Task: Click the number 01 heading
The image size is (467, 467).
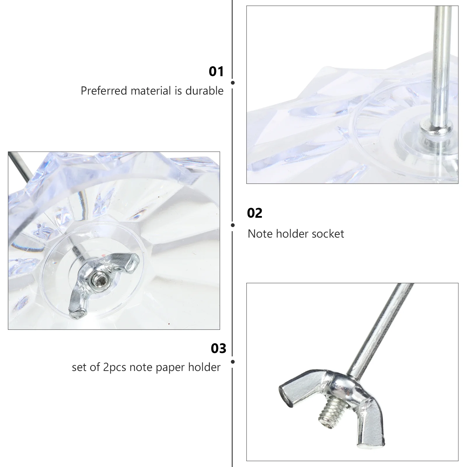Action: pos(216,72)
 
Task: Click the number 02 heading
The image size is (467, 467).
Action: pos(255,213)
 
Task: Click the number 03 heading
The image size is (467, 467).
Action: pos(218,348)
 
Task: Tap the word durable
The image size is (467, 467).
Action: pos(204,91)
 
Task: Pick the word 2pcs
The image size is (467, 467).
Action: pos(115,367)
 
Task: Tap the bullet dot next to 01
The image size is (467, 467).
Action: pos(233,83)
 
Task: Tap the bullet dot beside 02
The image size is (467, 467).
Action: pos(233,225)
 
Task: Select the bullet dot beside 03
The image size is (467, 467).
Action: pos(233,362)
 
